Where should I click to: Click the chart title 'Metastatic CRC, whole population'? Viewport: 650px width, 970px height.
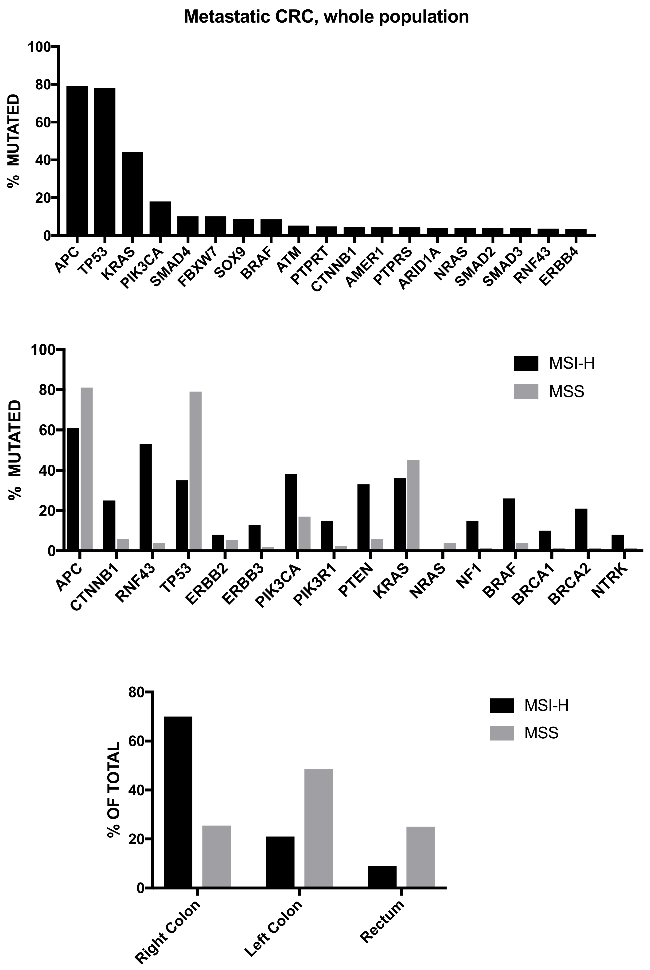(x=326, y=17)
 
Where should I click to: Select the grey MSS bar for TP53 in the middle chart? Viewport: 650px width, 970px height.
(x=195, y=471)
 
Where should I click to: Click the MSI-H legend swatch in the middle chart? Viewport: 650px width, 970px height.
(x=526, y=364)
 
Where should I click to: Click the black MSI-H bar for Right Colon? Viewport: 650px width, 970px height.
(x=178, y=802)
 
